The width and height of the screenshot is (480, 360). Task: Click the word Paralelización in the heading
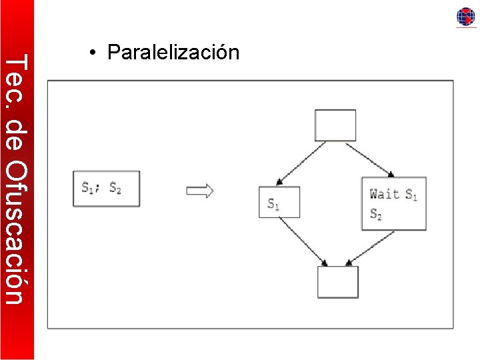(x=173, y=52)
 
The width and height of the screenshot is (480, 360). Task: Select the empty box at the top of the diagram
(x=335, y=125)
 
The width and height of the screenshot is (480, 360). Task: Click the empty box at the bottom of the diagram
(x=337, y=282)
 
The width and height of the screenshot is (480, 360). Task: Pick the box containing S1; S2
(x=106, y=189)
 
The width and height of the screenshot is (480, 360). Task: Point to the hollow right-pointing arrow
(x=200, y=191)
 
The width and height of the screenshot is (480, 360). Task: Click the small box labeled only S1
(x=279, y=202)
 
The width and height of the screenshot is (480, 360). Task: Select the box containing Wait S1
(x=393, y=203)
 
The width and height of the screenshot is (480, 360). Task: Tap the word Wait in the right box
(x=384, y=194)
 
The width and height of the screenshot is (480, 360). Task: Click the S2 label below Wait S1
(x=375, y=215)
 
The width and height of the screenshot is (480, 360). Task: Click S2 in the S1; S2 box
(x=115, y=188)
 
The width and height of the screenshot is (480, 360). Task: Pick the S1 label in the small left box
(x=273, y=204)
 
